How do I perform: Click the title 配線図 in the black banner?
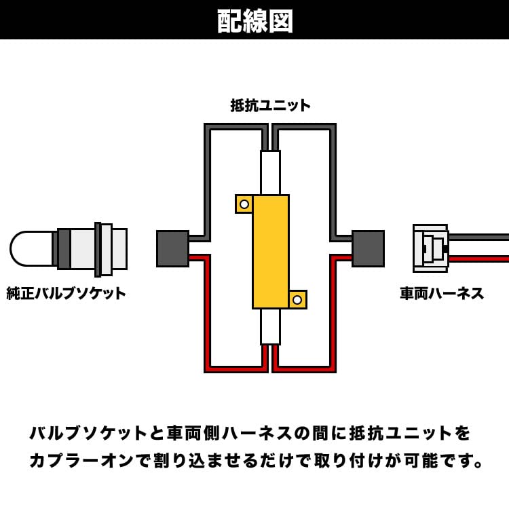click(255, 20)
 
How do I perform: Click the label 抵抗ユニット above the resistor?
click(270, 105)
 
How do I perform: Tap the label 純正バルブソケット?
click(67, 293)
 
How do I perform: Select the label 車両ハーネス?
click(442, 293)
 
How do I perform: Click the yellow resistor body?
click(271, 251)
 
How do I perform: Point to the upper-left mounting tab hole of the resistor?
click(244, 204)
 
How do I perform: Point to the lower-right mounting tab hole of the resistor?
click(297, 299)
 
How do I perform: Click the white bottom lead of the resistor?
click(270, 326)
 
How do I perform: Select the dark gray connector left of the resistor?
click(172, 248)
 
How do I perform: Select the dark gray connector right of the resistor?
click(368, 248)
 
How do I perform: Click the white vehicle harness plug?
click(430, 248)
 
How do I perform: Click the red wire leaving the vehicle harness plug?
click(478, 259)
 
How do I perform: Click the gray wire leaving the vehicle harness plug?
click(478, 237)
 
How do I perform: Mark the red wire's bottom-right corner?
click(332, 369)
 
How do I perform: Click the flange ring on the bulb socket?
click(98, 249)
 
